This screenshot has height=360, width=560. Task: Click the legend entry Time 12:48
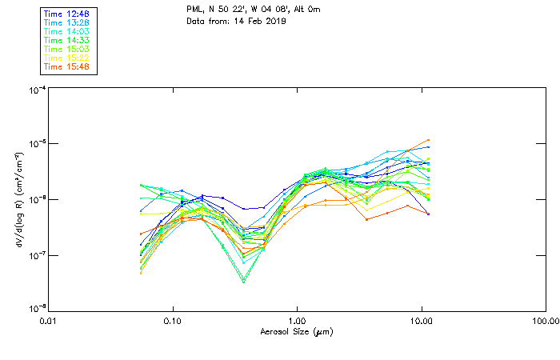67,14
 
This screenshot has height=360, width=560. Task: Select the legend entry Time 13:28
67,23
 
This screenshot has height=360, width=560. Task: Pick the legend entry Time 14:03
67,31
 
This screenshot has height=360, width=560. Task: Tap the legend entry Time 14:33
67,40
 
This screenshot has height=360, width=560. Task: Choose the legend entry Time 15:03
67,49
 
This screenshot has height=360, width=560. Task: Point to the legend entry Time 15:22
67,58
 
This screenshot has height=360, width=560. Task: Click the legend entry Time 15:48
67,66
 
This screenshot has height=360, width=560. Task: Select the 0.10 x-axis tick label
173,320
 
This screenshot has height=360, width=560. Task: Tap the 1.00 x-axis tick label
297,320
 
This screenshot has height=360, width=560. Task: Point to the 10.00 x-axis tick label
421,320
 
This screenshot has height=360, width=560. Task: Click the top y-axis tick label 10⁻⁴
36,90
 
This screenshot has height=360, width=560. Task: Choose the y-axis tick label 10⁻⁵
36,144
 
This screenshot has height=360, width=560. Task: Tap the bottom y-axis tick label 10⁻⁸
36,309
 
